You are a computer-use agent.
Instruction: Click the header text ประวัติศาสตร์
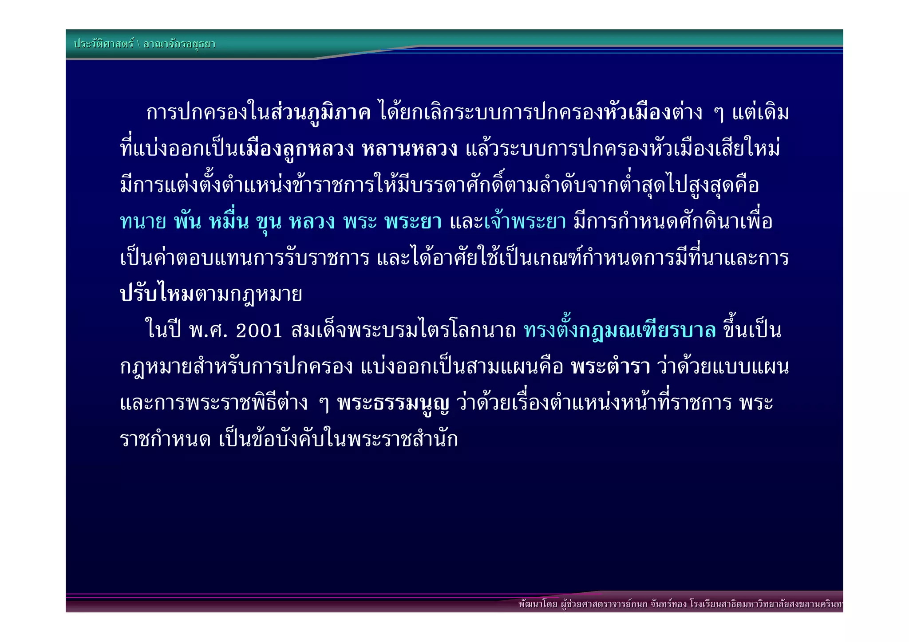tap(103, 44)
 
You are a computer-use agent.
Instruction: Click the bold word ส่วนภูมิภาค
tap(320, 113)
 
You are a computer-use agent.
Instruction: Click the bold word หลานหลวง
tap(409, 149)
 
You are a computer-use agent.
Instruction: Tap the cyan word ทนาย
tap(143, 221)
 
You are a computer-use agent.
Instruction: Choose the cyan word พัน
tap(187, 221)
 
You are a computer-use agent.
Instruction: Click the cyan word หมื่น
tap(229, 221)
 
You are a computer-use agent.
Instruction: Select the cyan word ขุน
tap(269, 221)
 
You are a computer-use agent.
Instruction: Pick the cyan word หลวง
tap(312, 221)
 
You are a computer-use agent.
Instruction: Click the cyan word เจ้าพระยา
tap(525, 221)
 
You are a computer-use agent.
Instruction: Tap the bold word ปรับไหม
tap(157, 294)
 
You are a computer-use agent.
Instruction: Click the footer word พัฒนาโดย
tap(537, 604)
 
